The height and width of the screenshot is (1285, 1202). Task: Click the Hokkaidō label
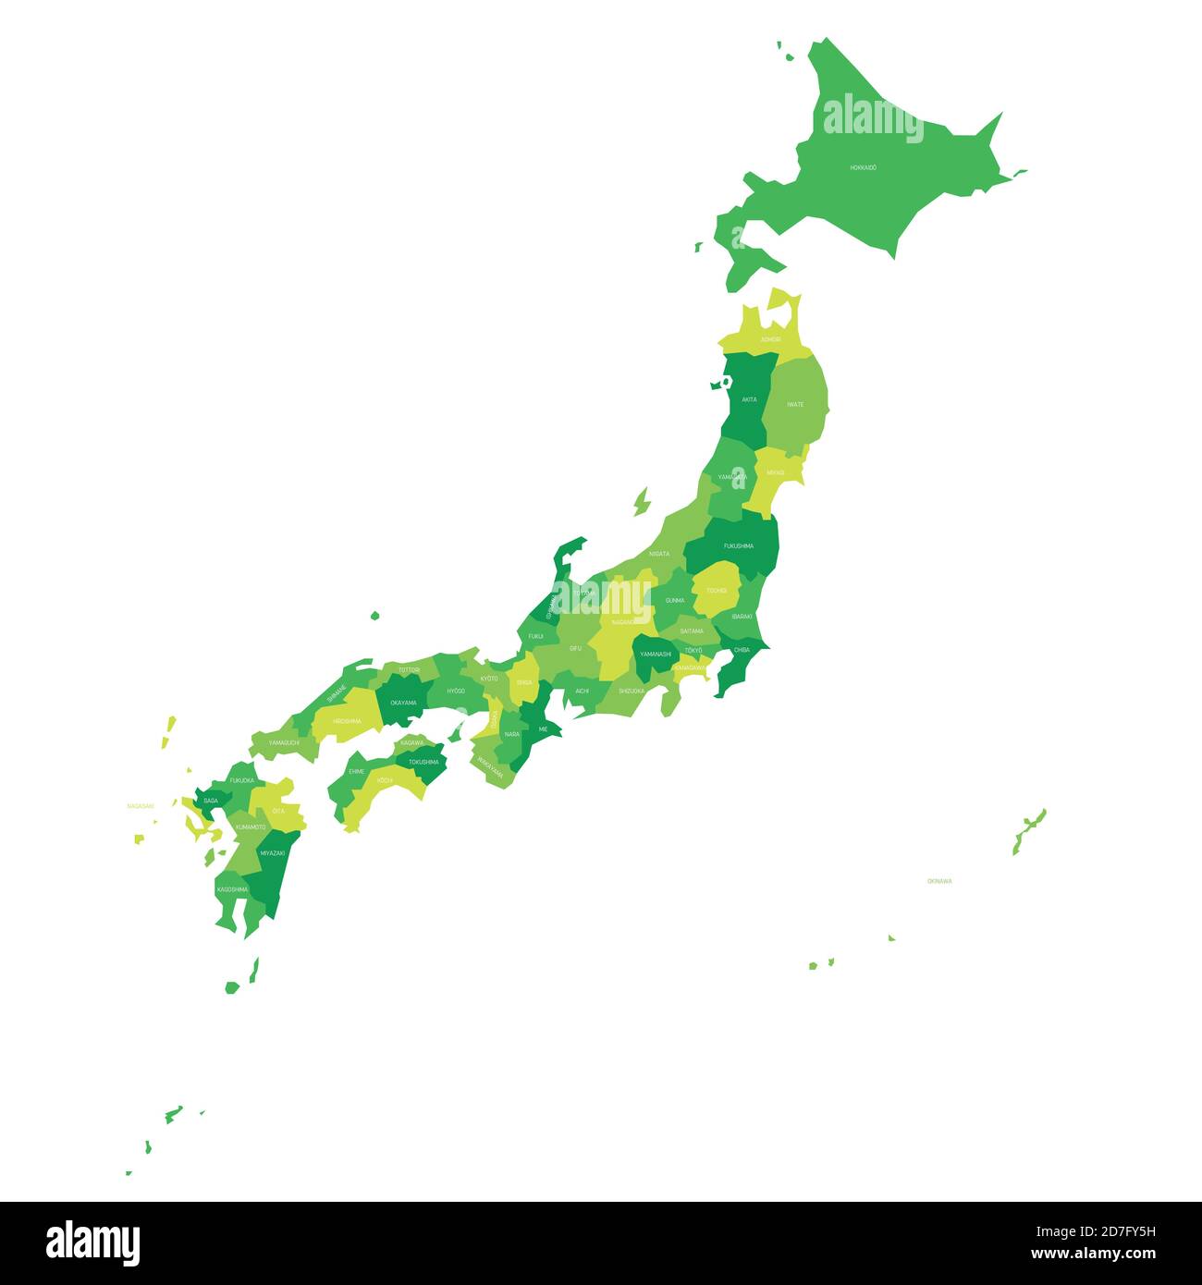pos(864,167)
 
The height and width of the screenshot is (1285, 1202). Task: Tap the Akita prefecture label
pos(749,399)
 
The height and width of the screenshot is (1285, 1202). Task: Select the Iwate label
pos(795,404)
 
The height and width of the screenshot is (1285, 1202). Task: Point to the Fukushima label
pos(739,545)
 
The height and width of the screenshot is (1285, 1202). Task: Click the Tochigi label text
pos(717,590)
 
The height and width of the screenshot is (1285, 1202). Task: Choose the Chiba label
pos(742,650)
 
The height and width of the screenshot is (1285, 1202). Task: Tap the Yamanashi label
pos(656,654)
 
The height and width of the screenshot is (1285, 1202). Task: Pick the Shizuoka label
pos(632,691)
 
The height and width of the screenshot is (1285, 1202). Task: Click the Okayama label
pos(403,703)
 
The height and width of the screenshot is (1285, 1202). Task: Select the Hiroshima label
pos(347,720)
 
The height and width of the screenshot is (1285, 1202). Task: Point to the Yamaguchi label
pos(284,742)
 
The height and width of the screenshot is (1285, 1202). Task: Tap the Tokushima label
pos(423,762)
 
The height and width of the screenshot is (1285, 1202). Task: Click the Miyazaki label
pos(273,852)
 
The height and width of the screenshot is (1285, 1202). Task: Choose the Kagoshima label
pos(232,889)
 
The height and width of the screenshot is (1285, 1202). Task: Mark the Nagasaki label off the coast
pos(141,806)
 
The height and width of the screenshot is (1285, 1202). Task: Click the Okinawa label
pos(939,881)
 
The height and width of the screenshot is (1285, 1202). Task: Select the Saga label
pos(212,801)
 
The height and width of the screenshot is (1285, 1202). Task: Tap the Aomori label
pos(770,339)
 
